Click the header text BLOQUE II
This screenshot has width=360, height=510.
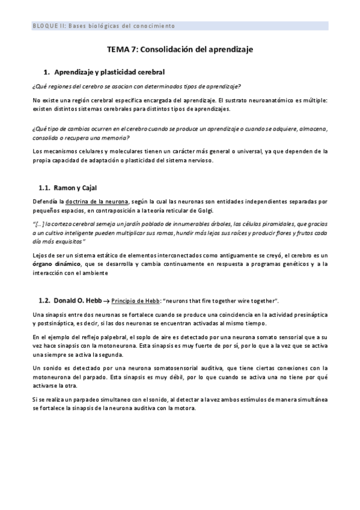click(49, 26)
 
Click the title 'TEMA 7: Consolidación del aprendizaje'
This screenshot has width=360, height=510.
click(180, 52)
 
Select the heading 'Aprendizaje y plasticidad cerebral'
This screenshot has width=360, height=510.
click(114, 72)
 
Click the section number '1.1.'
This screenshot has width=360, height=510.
click(44, 188)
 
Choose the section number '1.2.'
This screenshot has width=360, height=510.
click(44, 300)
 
